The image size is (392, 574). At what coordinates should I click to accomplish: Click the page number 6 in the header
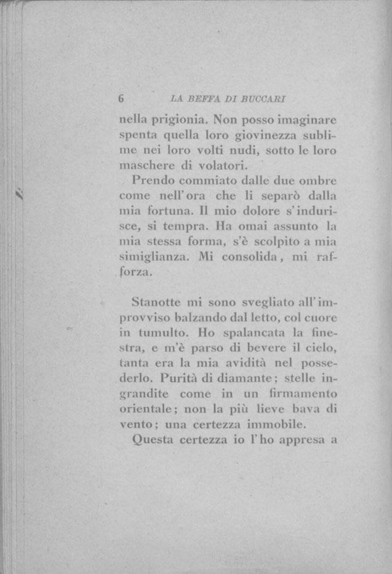pyautogui.click(x=122, y=99)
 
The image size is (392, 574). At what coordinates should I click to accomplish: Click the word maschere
pyautogui.click(x=146, y=165)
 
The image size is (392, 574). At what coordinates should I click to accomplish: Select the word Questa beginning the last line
pyautogui.click(x=153, y=440)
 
